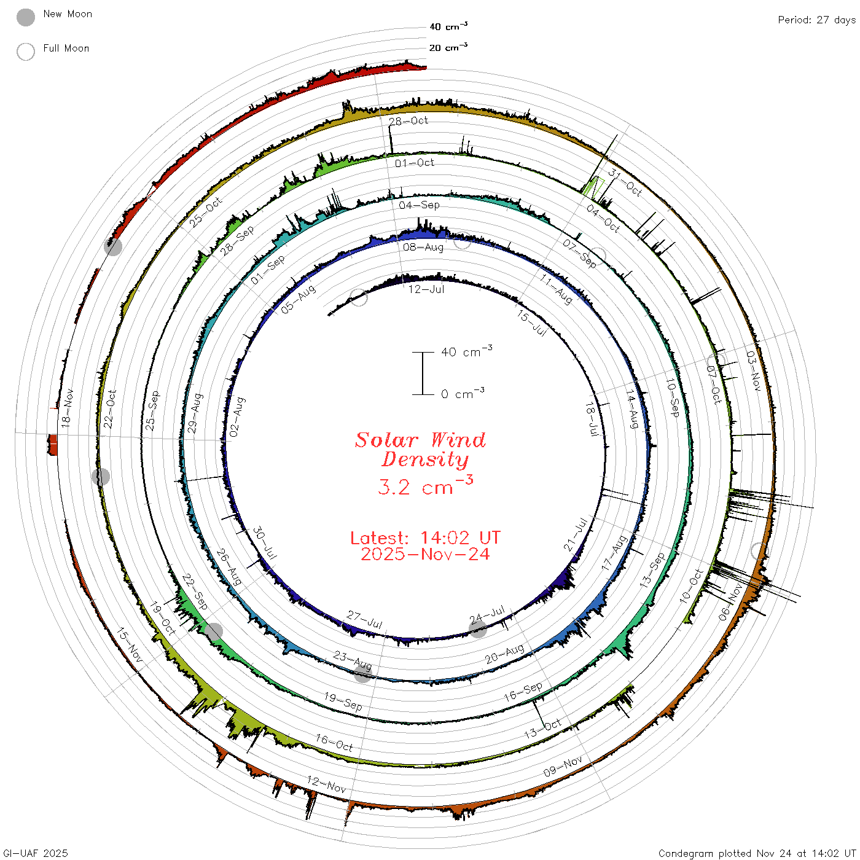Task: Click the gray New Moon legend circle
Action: (x=25, y=17)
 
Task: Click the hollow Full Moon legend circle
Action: (x=25, y=52)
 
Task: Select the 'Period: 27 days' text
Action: (x=816, y=20)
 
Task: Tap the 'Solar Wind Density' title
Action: (x=420, y=450)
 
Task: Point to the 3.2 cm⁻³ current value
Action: (x=425, y=485)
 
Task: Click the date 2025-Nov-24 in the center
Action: (x=425, y=554)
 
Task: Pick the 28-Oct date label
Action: (x=408, y=121)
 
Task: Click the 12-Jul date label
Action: (x=426, y=289)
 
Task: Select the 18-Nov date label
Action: (x=67, y=408)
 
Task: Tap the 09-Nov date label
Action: (x=563, y=766)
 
